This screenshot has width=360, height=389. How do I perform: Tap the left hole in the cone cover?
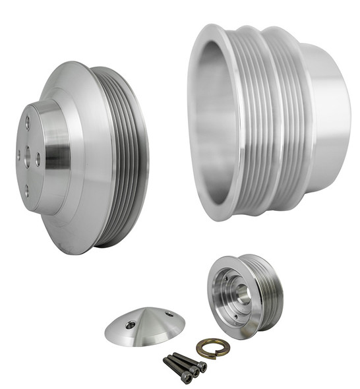[132, 324]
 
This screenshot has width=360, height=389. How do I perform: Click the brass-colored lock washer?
[212, 347]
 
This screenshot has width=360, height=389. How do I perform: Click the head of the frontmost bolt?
[187, 377]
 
